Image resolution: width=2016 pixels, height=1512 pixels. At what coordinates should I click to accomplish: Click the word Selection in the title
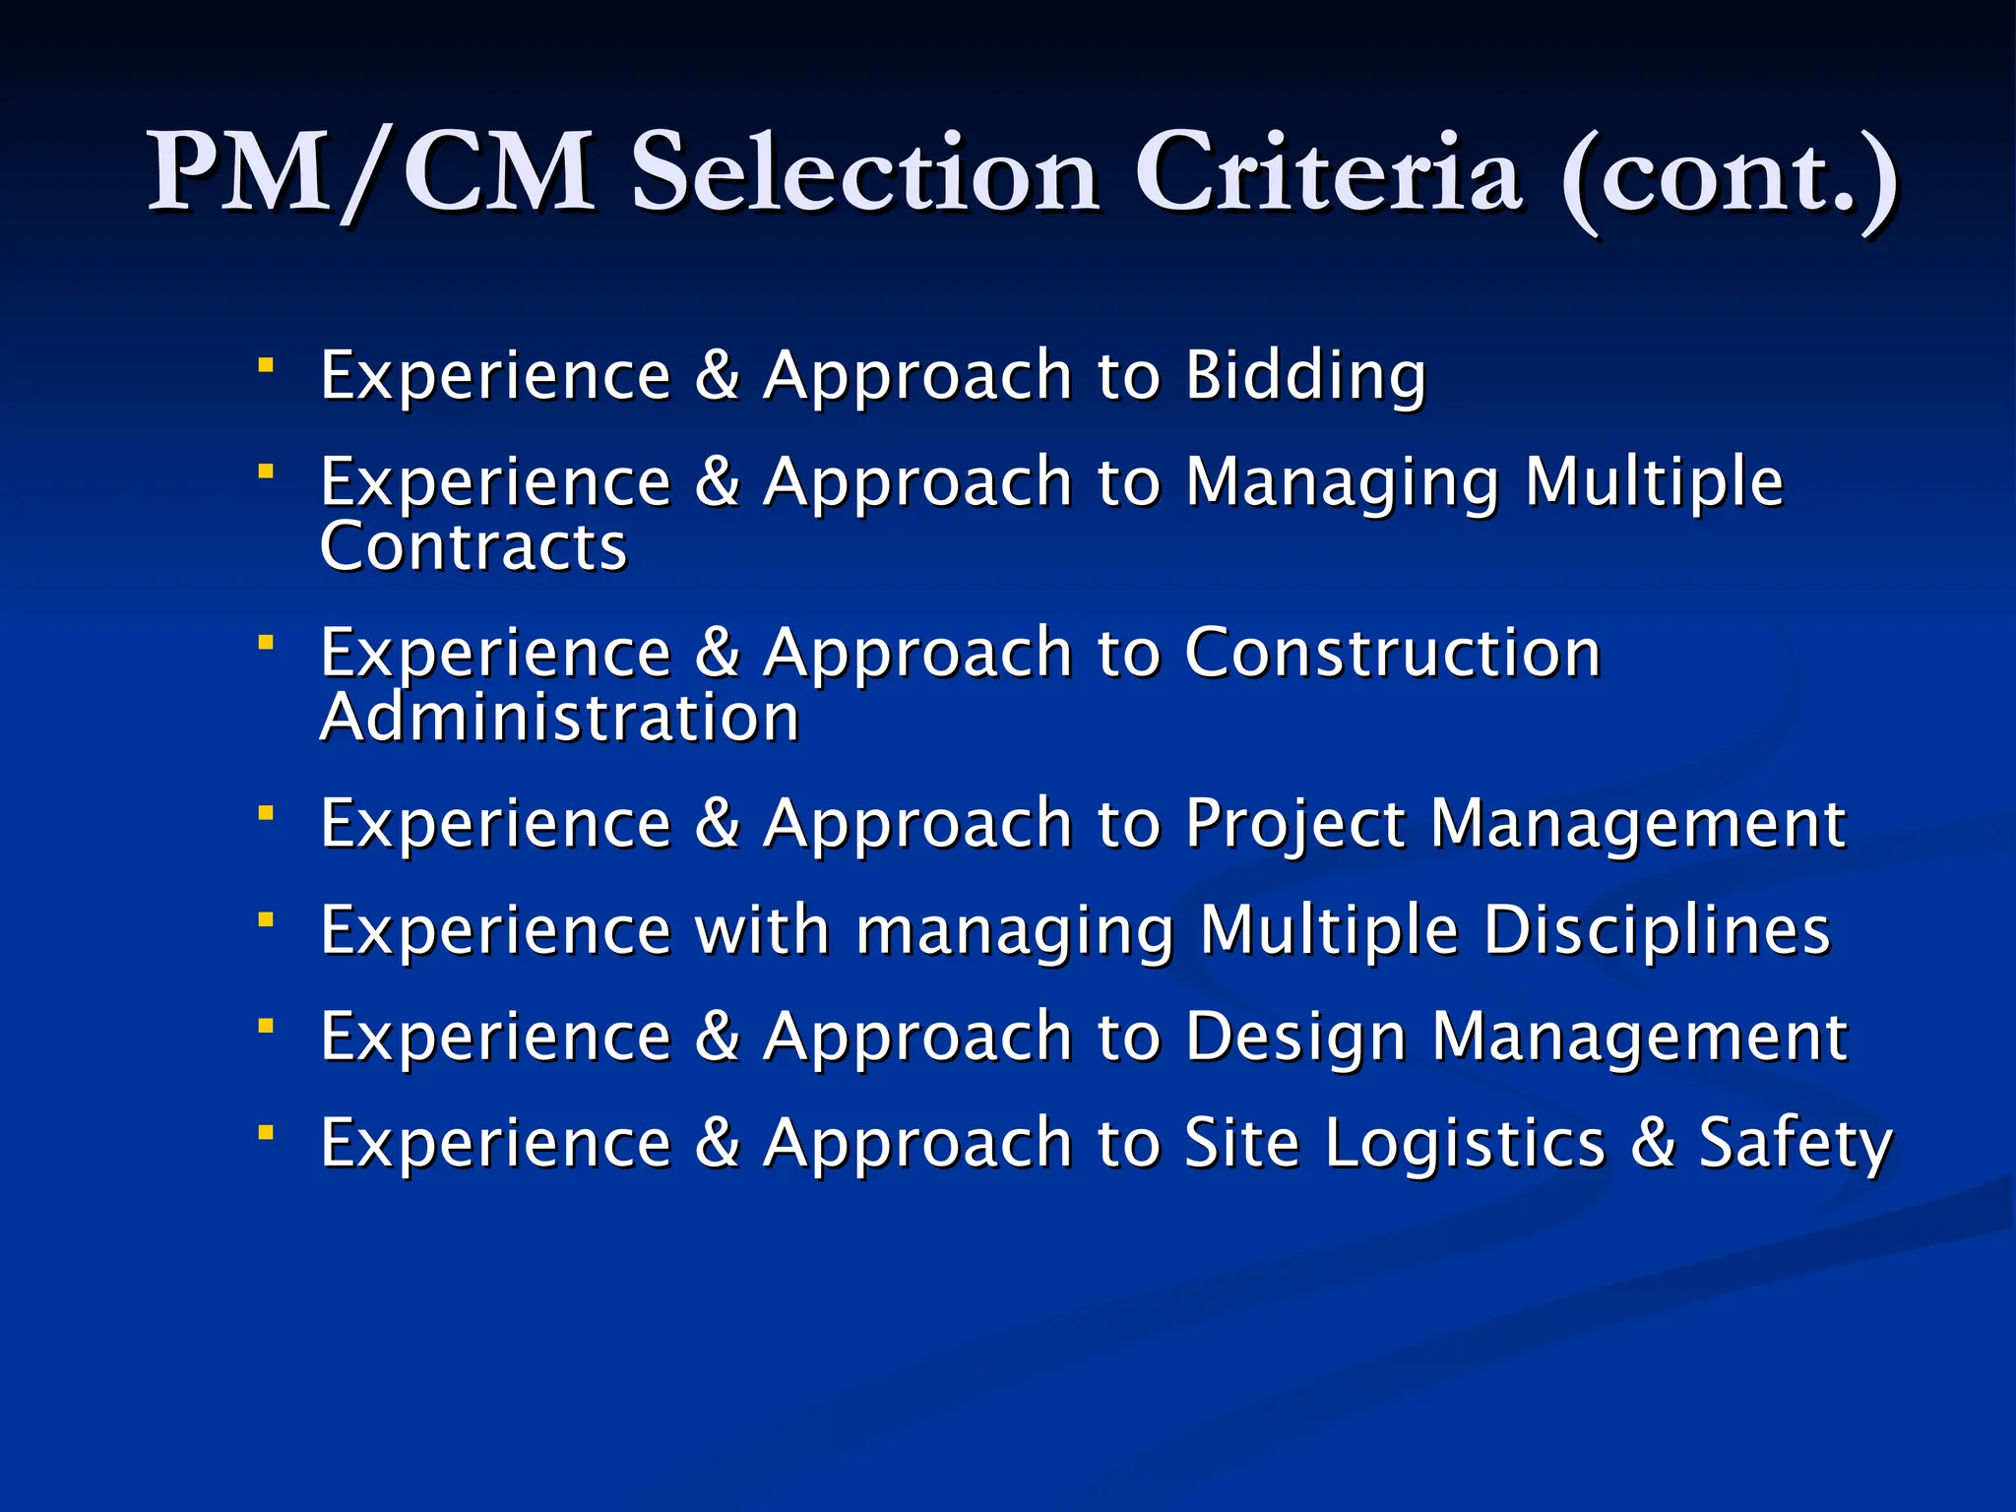(x=864, y=173)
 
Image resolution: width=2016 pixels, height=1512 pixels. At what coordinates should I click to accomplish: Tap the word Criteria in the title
(x=1329, y=173)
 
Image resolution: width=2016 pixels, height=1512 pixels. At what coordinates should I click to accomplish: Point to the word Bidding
(x=1305, y=376)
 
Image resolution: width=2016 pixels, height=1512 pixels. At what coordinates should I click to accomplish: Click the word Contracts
(x=473, y=547)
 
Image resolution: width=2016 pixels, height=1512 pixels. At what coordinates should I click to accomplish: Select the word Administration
(x=559, y=718)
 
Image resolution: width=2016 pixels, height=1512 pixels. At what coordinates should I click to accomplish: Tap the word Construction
(x=1392, y=653)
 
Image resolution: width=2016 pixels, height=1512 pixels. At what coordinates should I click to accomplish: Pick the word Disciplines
(x=1657, y=930)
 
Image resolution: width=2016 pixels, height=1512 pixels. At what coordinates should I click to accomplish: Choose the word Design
(x=1294, y=1039)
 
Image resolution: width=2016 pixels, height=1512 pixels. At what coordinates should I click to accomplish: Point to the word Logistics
(x=1465, y=1144)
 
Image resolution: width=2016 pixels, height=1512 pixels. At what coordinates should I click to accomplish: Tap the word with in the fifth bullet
(x=763, y=930)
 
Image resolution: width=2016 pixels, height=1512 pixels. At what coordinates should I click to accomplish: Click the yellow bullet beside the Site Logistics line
(x=265, y=1133)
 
